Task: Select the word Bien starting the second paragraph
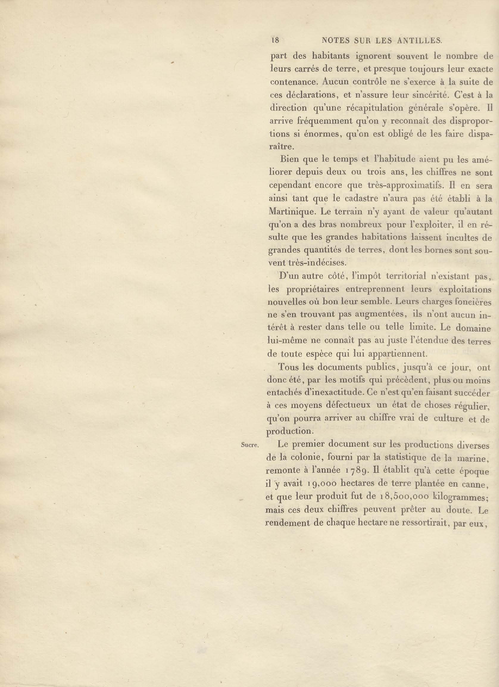[290, 159]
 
